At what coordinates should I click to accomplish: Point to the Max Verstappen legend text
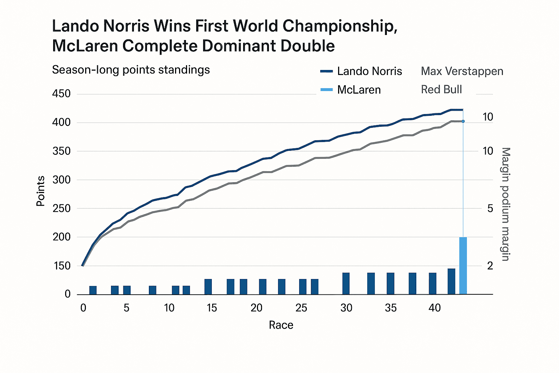(x=462, y=71)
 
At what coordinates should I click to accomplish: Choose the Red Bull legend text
(x=441, y=89)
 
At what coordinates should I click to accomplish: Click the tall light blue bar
(x=463, y=266)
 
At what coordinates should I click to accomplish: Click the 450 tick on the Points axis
(x=62, y=94)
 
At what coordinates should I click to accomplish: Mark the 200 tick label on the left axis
(x=62, y=237)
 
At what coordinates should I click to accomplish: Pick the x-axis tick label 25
(x=301, y=308)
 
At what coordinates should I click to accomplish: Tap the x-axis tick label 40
(x=435, y=308)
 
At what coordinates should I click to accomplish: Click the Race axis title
(x=281, y=325)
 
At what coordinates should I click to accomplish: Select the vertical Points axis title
(x=40, y=191)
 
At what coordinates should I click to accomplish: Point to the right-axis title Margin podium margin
(x=506, y=204)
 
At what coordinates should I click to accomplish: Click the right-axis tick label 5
(x=490, y=208)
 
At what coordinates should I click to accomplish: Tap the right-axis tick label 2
(x=490, y=266)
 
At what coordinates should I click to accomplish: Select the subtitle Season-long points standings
(x=131, y=70)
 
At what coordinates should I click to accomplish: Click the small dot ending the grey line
(x=463, y=121)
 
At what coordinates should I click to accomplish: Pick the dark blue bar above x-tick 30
(x=346, y=283)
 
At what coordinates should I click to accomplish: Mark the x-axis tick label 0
(x=83, y=308)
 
